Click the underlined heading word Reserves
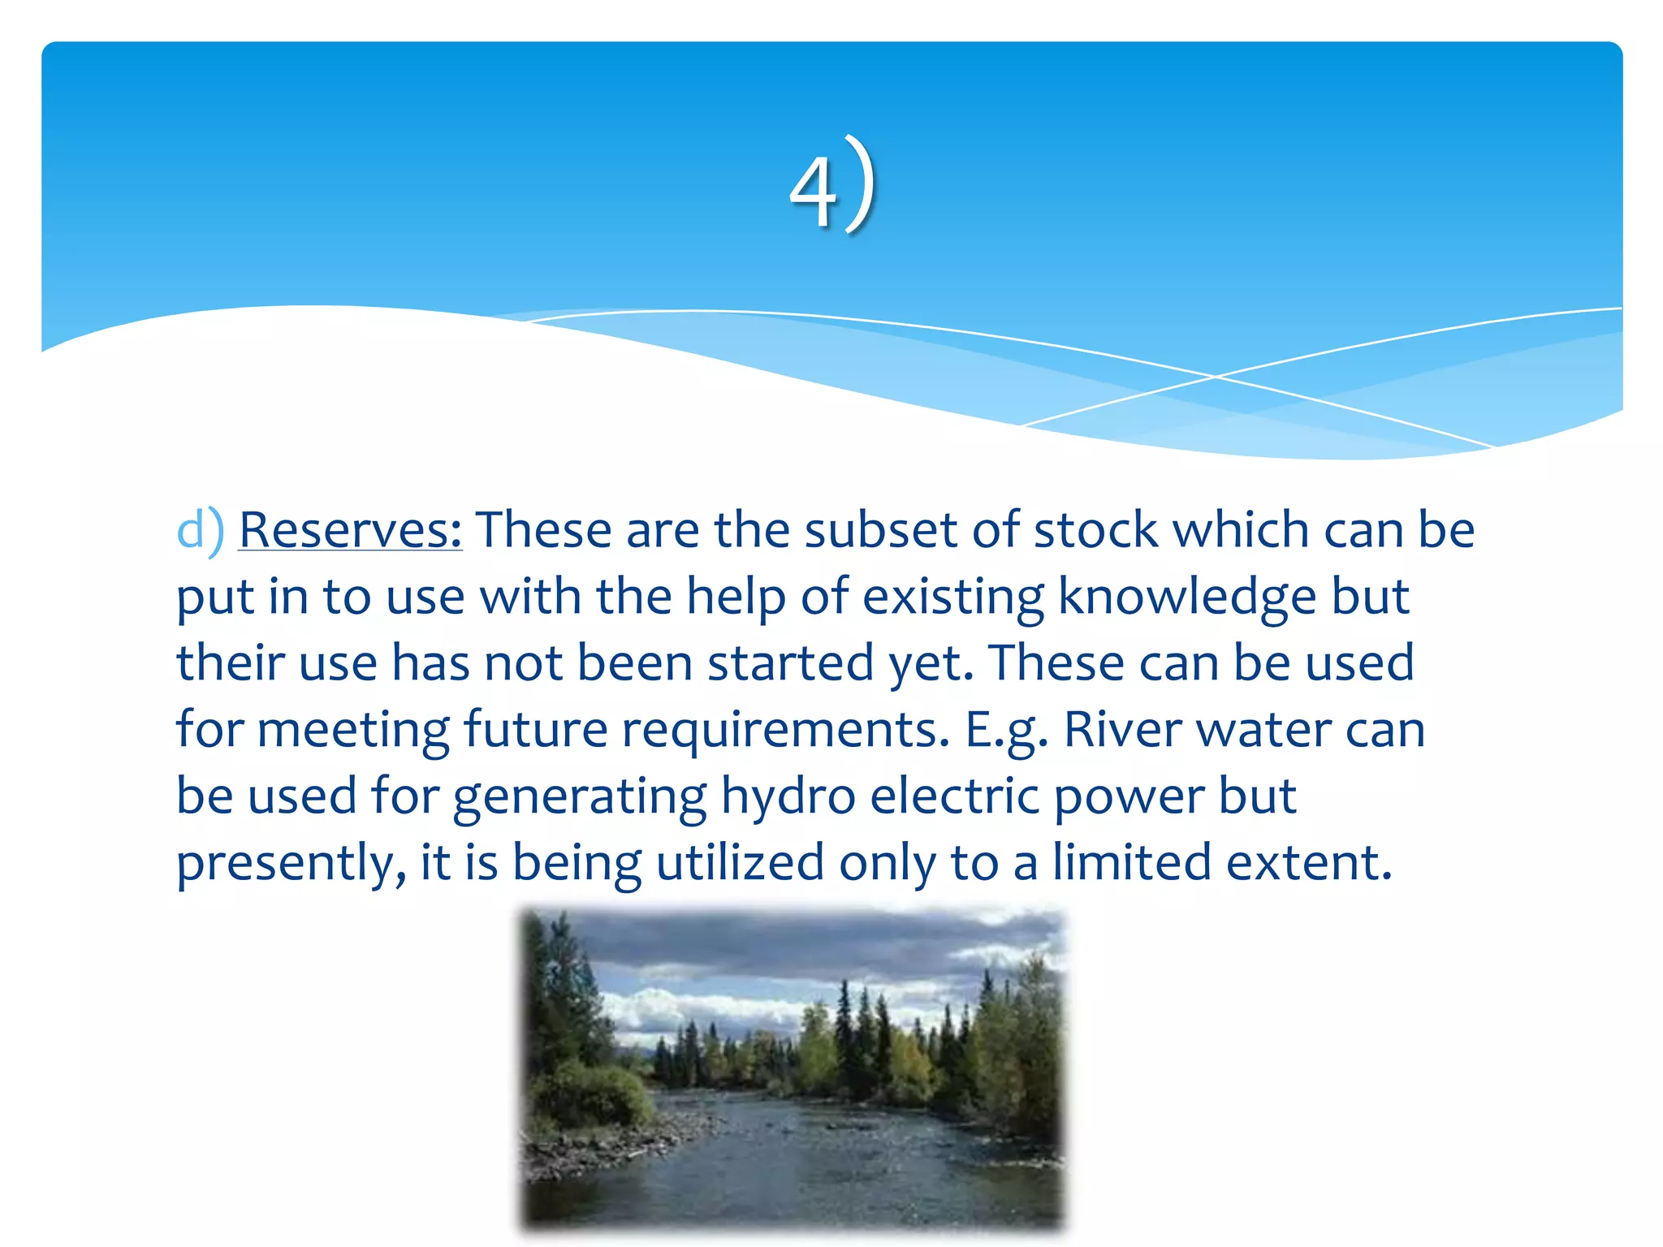tap(350, 530)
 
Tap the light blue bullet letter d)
tap(199, 530)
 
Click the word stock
tap(1095, 530)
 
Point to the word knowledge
tap(1186, 598)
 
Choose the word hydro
tap(788, 796)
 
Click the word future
tap(535, 729)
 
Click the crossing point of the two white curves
tap(1215, 377)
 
